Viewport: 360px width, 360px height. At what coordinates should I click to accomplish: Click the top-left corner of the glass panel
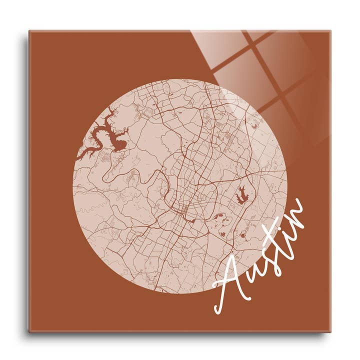click(x=29, y=31)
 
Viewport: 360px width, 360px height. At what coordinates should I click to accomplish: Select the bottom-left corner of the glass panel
click(x=29, y=331)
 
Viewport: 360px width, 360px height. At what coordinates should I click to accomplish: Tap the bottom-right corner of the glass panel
click(x=330, y=331)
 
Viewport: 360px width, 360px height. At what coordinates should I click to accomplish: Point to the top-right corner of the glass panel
click(x=330, y=31)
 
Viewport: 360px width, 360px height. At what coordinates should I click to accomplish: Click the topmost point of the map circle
click(x=180, y=79)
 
